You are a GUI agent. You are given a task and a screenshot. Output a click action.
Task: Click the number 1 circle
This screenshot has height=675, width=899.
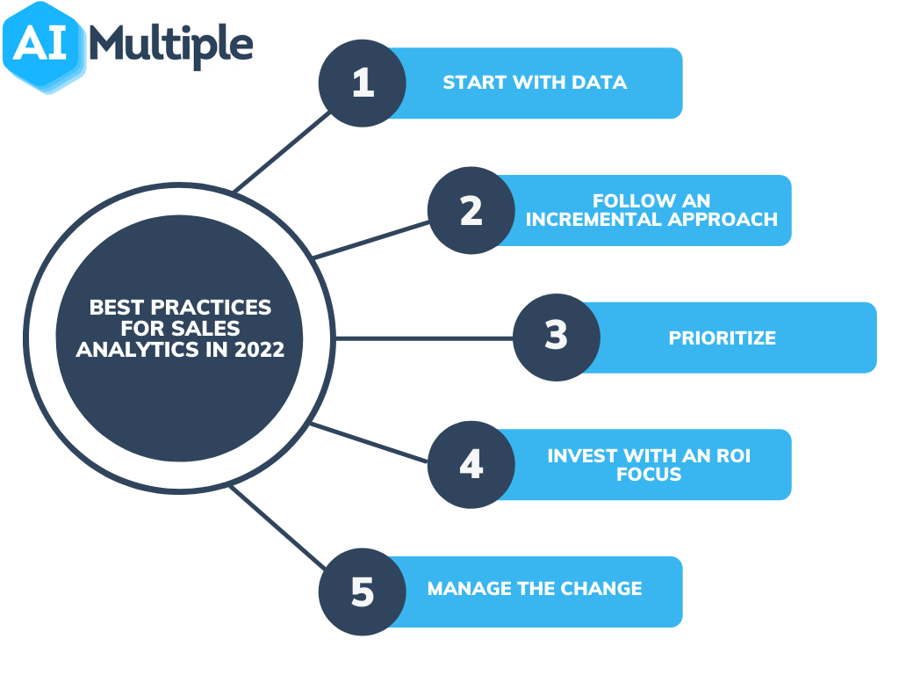[362, 83]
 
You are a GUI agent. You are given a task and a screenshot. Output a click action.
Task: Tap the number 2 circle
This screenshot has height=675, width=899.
[471, 211]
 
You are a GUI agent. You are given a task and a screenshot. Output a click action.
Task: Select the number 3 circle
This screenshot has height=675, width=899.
[557, 337]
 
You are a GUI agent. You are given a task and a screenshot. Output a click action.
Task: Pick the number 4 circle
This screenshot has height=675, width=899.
[471, 464]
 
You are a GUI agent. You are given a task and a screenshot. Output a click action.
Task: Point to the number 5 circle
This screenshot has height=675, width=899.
[362, 592]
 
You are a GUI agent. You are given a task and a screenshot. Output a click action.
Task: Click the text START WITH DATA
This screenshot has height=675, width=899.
[534, 83]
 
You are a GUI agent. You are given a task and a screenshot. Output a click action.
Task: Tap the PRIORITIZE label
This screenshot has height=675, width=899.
[722, 338]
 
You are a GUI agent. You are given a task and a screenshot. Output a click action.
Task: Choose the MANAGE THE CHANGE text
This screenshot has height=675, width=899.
[534, 589]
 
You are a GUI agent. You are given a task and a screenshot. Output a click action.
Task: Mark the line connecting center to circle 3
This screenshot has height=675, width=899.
[421, 337]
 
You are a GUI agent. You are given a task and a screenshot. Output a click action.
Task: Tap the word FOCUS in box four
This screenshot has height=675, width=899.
[651, 474]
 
